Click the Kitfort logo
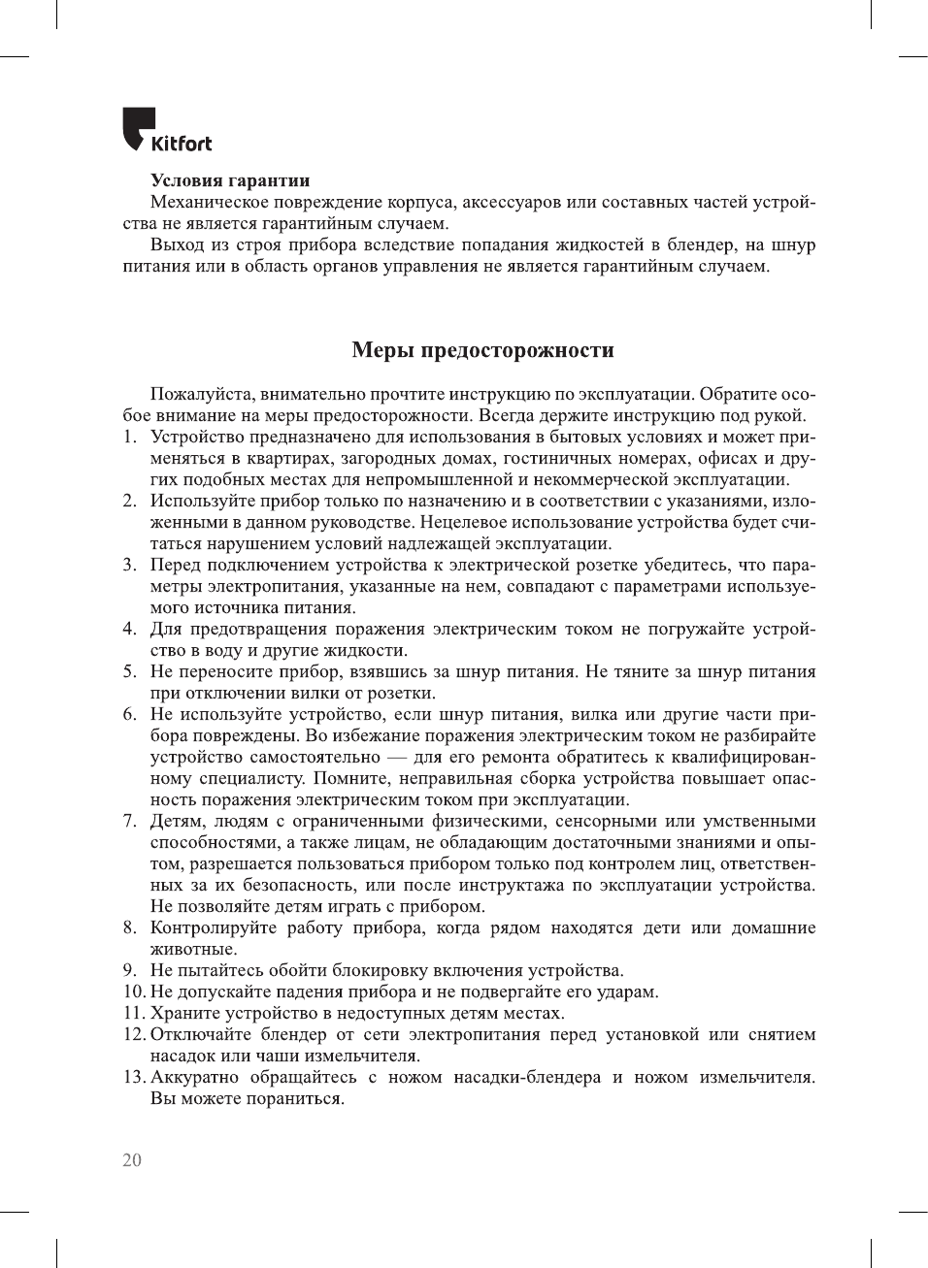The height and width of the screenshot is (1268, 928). click(x=166, y=131)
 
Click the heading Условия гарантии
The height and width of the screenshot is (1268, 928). click(x=230, y=180)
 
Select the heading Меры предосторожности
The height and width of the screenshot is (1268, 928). click(x=482, y=350)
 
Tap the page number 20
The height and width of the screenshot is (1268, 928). click(x=132, y=1160)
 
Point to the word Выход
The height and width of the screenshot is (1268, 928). click(x=176, y=244)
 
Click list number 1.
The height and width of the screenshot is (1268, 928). click(x=129, y=437)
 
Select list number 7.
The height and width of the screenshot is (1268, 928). click(x=129, y=821)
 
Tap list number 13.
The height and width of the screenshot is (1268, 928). click(x=134, y=1077)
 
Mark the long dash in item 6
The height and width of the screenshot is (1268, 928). click(x=397, y=757)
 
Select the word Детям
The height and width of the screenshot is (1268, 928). click(x=176, y=821)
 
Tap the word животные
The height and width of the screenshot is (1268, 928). click(x=193, y=949)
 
